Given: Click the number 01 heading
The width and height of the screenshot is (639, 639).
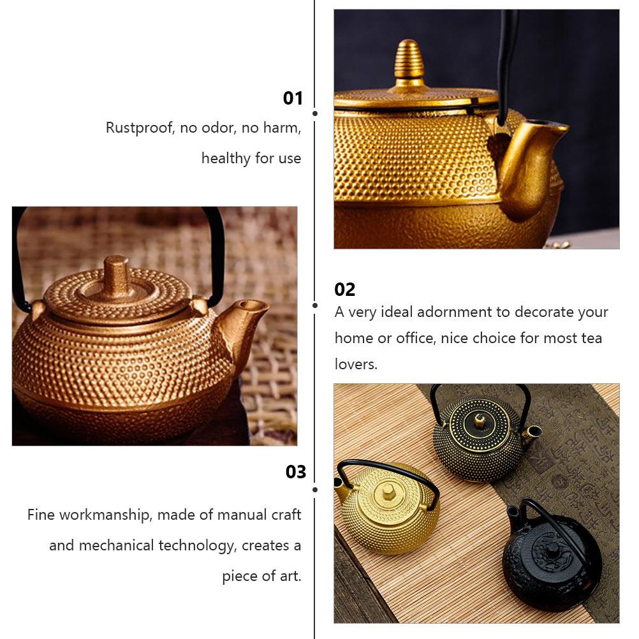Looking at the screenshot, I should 293,98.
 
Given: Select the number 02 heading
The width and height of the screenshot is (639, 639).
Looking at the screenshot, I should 344,290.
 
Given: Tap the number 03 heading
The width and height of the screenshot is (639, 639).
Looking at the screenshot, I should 295,472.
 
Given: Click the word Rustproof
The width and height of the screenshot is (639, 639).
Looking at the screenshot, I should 140,128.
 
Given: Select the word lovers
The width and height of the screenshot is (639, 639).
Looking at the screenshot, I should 355,364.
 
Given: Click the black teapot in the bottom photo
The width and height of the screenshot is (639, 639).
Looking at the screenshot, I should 552,555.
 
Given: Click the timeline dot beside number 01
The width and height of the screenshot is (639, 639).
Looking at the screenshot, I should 315,114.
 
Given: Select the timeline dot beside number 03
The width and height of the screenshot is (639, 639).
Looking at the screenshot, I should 315,489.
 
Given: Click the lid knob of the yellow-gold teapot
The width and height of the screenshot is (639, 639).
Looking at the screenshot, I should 388,491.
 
